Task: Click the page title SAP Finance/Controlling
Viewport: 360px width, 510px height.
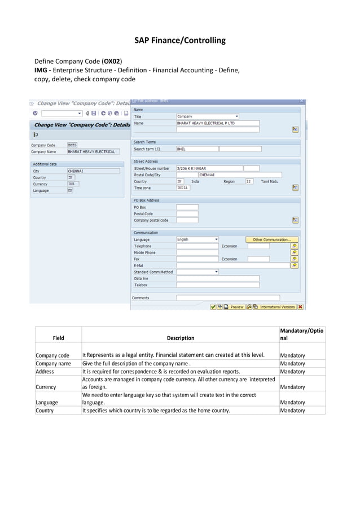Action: click(179, 41)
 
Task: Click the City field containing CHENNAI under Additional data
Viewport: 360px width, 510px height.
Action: click(93, 171)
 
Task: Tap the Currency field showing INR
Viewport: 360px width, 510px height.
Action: click(73, 184)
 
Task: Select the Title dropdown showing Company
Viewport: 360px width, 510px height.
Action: click(208, 116)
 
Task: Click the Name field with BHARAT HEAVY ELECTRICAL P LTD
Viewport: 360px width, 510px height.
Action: click(217, 123)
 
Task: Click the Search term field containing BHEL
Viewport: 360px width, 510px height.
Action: click(196, 149)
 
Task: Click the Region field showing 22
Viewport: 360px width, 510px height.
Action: click(249, 181)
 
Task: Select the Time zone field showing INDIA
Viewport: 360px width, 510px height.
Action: click(183, 188)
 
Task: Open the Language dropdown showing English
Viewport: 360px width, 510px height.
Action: click(197, 239)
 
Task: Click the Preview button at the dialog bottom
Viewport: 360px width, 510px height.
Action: click(234, 307)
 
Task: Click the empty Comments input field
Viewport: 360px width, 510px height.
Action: click(227, 298)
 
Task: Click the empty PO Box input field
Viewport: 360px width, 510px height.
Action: click(187, 207)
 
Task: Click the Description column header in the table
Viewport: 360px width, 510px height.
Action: click(180, 338)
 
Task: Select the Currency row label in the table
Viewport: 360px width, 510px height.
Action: click(45, 387)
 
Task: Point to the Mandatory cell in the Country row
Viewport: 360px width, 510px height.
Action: click(292, 411)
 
